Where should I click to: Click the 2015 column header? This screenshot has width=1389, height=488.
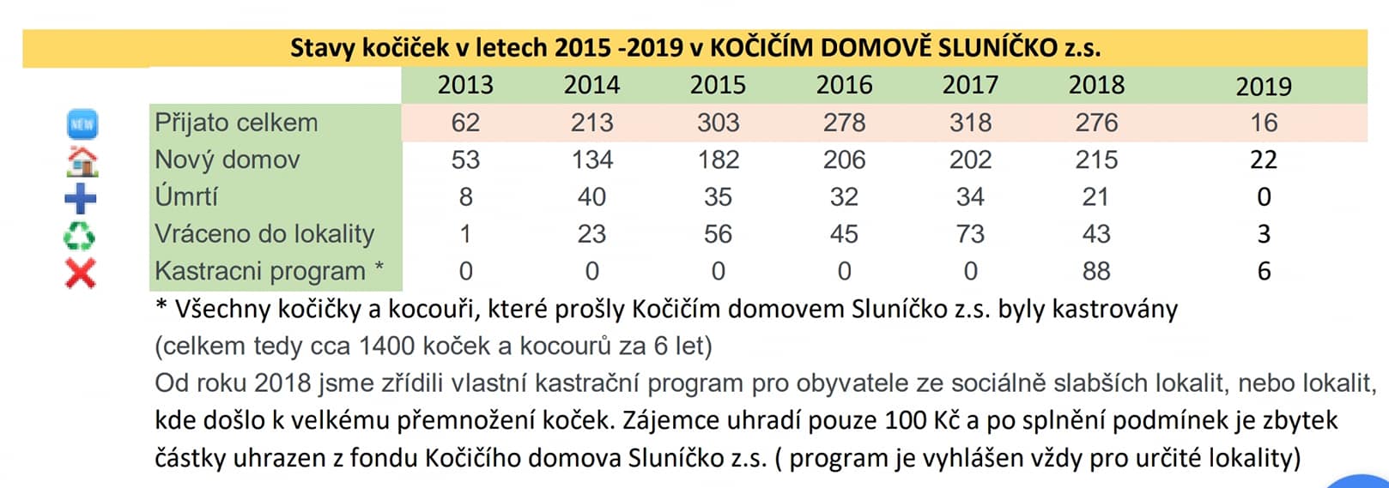tap(718, 85)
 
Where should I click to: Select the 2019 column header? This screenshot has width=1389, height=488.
tap(1263, 86)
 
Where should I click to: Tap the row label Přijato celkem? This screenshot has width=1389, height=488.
tap(236, 123)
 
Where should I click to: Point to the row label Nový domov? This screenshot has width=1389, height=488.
tap(227, 160)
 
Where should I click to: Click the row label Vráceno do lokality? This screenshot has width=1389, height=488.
tap(264, 233)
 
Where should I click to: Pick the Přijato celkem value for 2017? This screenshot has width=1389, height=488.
tap(970, 123)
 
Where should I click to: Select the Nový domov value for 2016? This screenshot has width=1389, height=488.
tap(844, 160)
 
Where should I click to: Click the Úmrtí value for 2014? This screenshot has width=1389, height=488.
tap(591, 196)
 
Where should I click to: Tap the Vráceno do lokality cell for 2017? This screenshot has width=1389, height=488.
tap(970, 233)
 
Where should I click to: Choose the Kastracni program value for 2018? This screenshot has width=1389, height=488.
tap(1096, 271)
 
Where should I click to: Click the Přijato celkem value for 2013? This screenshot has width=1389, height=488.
tap(465, 123)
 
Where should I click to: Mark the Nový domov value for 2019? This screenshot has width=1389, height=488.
tap(1263, 160)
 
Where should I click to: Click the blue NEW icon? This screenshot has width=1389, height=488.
tap(82, 124)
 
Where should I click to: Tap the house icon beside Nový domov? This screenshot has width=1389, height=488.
tap(82, 160)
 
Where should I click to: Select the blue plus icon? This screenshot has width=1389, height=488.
tap(81, 198)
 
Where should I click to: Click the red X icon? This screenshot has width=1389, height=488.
tap(81, 272)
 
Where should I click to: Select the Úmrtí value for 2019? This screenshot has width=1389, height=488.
tap(1263, 196)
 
